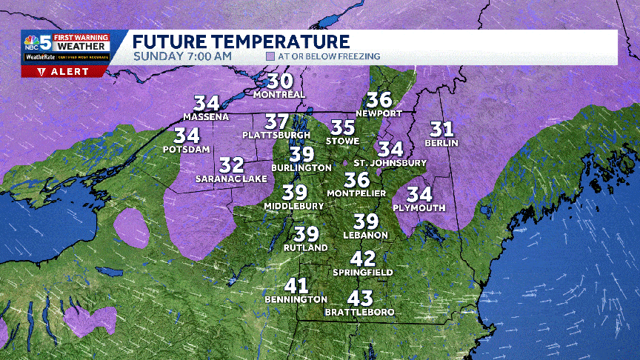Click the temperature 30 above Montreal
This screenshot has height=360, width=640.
pyautogui.click(x=280, y=82)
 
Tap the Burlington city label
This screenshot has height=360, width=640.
pyautogui.click(x=301, y=168)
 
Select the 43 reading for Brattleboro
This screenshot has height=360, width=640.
pyautogui.click(x=359, y=299)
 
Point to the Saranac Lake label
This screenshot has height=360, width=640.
pyautogui.click(x=231, y=179)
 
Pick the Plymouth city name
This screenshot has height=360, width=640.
pyautogui.click(x=419, y=208)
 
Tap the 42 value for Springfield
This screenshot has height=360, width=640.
pyautogui.click(x=363, y=259)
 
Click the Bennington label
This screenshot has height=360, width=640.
pyautogui.click(x=296, y=299)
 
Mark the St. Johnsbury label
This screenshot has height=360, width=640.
pyautogui.click(x=390, y=162)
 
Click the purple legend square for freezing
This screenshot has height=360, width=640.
pyautogui.click(x=271, y=56)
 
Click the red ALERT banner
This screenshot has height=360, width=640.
pyautogui.click(x=65, y=71)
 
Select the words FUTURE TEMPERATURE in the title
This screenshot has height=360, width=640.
pyautogui.click(x=241, y=41)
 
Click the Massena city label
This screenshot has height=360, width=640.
pyautogui.click(x=206, y=117)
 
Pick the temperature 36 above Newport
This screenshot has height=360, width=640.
pyautogui.click(x=379, y=99)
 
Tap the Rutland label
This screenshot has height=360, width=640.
pyautogui.click(x=306, y=248)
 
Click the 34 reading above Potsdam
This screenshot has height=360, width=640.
pyautogui.click(x=187, y=136)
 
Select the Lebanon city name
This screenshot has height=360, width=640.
pyautogui.click(x=366, y=235)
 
